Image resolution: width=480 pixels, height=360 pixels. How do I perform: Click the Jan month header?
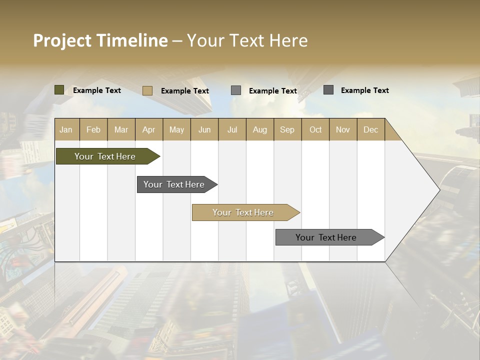(66, 129)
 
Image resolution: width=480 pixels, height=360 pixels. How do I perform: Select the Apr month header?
(148, 129)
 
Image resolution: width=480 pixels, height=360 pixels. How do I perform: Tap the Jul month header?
(232, 129)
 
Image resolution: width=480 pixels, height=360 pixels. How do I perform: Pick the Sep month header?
(287, 129)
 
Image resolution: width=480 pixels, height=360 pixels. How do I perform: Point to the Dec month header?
(370, 129)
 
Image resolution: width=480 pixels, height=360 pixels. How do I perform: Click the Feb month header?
(93, 129)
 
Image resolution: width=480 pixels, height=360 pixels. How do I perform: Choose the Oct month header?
(315, 129)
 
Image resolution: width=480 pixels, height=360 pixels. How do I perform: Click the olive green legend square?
(59, 90)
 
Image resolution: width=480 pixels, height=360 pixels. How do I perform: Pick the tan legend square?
(147, 90)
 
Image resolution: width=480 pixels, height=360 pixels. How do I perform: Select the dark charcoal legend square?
(328, 90)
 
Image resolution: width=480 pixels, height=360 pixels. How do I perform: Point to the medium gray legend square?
(236, 90)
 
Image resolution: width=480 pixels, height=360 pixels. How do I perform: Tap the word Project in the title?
(62, 40)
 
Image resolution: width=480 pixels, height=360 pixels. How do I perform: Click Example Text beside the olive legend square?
(97, 90)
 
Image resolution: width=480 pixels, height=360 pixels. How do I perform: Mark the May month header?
(176, 129)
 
